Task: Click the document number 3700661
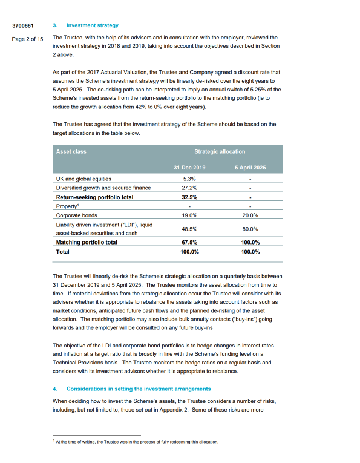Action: (x=24, y=26)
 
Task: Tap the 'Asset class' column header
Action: (x=71, y=151)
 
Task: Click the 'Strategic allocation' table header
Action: (x=220, y=151)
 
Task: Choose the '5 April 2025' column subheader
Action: (x=250, y=168)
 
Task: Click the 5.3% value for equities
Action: (x=189, y=179)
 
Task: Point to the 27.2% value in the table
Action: (x=189, y=188)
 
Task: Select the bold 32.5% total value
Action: (x=189, y=197)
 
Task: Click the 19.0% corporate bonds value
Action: (x=189, y=215)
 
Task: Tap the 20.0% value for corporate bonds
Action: (x=250, y=215)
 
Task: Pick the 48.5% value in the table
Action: (x=189, y=229)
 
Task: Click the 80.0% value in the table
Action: (x=250, y=229)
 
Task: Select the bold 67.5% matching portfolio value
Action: (x=189, y=242)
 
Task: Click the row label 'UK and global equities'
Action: (x=83, y=179)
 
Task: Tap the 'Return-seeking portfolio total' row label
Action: (x=94, y=197)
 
